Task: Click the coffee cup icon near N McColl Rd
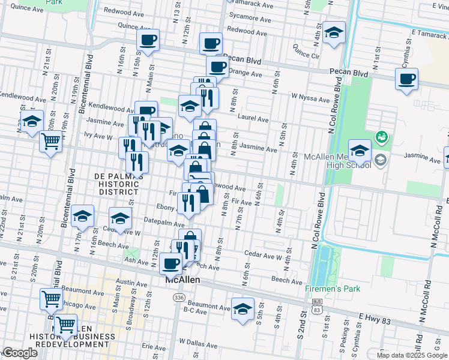click(406, 79)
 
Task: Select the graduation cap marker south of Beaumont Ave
click(243, 309)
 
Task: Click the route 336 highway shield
click(178, 297)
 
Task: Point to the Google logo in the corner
click(20, 353)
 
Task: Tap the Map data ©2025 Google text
click(412, 355)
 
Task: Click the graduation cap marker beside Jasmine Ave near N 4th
click(360, 150)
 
